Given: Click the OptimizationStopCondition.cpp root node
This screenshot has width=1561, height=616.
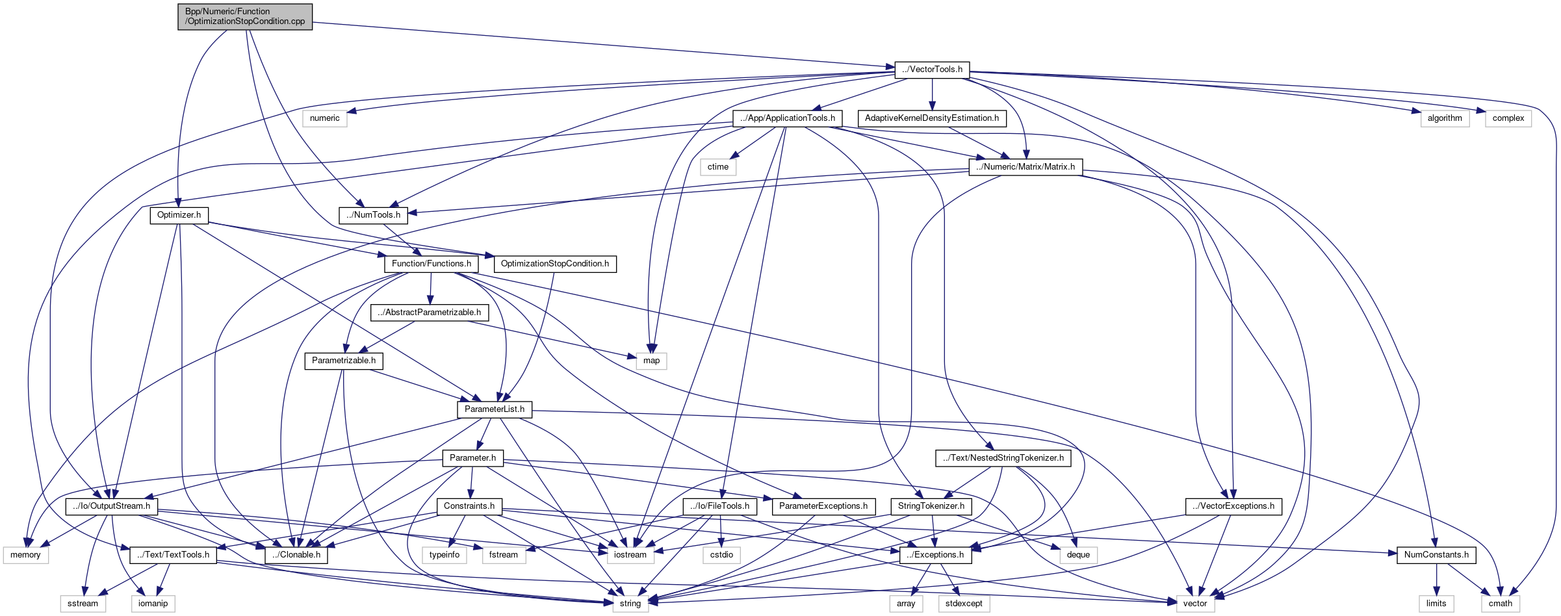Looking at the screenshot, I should (245, 16).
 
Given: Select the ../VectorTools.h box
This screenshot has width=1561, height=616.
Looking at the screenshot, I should (932, 70).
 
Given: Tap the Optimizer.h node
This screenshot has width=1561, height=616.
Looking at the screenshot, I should (179, 215).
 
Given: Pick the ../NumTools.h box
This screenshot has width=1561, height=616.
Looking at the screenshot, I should (373, 215).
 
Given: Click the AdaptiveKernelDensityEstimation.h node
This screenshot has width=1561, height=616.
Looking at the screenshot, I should (932, 118).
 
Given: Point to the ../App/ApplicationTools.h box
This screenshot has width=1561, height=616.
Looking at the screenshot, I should (787, 118).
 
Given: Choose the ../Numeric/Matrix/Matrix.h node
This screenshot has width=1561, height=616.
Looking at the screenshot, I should (1026, 167).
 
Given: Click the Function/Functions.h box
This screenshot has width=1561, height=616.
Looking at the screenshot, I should (431, 264).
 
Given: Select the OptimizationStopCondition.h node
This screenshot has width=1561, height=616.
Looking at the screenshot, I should (555, 264).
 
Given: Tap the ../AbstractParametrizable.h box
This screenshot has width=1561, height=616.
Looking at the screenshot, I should (430, 313).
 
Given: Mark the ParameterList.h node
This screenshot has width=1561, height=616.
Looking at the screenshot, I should (494, 409).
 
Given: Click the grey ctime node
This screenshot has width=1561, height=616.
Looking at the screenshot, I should (718, 167).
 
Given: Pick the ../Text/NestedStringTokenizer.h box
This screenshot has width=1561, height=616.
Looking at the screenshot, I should (1003, 458).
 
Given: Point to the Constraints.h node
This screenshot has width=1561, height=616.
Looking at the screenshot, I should (469, 506).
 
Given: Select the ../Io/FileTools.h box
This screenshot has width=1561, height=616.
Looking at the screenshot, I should (720, 506).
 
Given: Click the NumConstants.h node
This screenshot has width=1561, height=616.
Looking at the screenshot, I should (1436, 555).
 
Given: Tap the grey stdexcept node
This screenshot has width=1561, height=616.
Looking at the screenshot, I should (964, 604).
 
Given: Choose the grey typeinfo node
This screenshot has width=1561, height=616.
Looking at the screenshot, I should (445, 555).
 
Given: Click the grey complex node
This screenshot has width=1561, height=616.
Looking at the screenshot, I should (1508, 118).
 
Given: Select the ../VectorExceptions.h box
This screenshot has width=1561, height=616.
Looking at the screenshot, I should (1233, 506).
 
